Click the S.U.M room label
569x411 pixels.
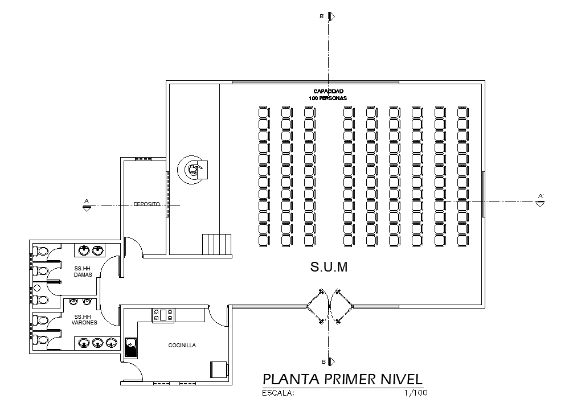click(329, 267)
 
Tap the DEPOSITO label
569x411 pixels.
click(147, 204)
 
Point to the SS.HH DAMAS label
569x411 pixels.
click(83, 272)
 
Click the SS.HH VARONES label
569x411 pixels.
click(84, 319)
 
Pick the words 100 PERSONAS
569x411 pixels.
click(328, 98)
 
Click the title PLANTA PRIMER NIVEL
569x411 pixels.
click(342, 380)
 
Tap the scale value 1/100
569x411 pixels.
click(415, 393)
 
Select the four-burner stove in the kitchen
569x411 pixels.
click(162, 314)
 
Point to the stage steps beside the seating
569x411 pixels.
click(217, 244)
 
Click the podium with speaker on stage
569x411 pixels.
click(194, 169)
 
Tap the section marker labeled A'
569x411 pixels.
click(540, 199)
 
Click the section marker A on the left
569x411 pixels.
click(86, 204)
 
